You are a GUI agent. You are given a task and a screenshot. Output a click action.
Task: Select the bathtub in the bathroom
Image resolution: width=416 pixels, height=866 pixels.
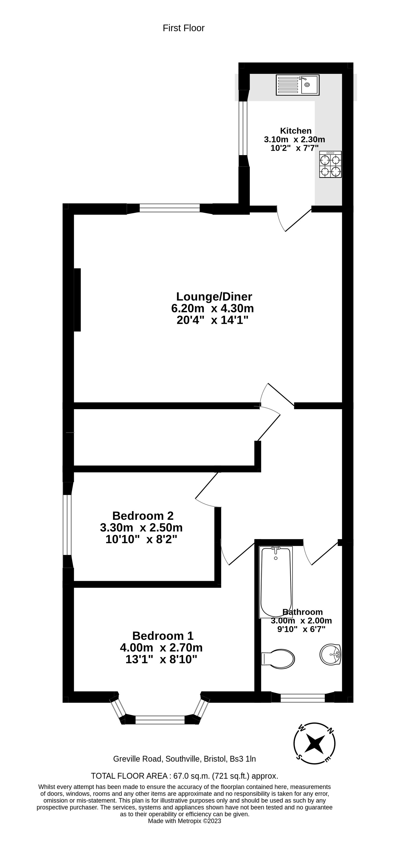[x=276, y=582]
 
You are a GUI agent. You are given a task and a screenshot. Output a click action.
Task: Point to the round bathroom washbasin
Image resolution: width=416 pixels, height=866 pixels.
[x=330, y=654]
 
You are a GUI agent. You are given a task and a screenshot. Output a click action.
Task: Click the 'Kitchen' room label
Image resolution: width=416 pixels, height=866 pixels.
[x=296, y=131]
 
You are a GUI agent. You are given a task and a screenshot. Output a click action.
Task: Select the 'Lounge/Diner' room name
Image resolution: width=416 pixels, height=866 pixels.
[x=214, y=297]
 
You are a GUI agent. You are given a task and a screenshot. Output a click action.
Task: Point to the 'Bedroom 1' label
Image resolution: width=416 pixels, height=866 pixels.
[x=163, y=636]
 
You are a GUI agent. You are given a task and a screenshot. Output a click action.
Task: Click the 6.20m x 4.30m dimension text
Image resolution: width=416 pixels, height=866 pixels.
[x=213, y=308]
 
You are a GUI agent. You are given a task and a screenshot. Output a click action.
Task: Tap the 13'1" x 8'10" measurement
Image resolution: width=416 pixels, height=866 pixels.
[x=161, y=659]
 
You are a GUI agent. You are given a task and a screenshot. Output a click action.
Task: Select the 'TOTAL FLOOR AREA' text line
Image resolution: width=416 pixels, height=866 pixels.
[x=185, y=776]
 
